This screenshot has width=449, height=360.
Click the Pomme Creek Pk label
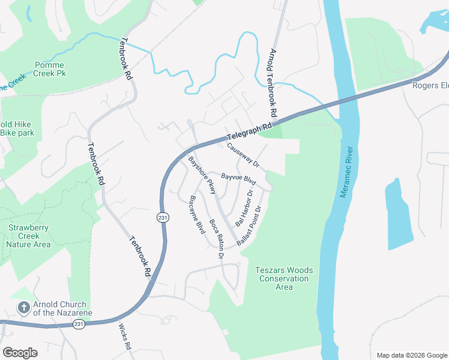[50, 69]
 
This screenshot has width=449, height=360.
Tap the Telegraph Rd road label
[250, 131]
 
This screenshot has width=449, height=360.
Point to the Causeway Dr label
[243, 155]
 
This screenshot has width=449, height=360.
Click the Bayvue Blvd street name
[238, 178]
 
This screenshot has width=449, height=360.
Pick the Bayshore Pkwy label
[202, 175]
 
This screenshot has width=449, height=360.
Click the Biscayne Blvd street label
[197, 215]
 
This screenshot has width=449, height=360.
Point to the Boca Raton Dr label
[217, 238]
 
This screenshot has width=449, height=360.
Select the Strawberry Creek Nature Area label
[29, 236]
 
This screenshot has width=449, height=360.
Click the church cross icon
[23, 308]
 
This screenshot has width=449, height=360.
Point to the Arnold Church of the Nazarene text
[59, 308]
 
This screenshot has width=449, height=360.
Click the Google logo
[20, 352]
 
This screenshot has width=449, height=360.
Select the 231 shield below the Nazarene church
[79, 324]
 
